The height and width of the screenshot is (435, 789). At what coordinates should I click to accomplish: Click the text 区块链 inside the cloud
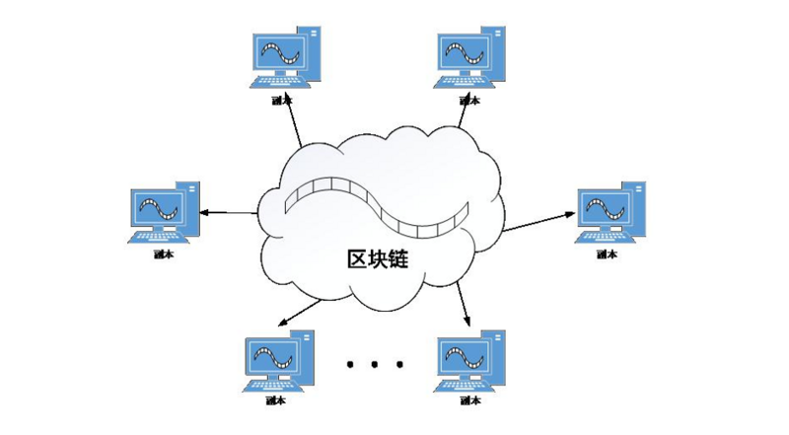[378, 260]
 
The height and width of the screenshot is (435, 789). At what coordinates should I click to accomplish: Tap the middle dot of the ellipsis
[375, 365]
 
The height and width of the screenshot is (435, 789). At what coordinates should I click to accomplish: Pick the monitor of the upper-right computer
[467, 52]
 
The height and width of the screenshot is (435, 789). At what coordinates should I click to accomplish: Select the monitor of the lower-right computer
[467, 356]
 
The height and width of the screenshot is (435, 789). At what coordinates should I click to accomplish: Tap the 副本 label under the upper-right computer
[470, 100]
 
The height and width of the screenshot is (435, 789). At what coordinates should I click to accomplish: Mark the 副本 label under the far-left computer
[163, 254]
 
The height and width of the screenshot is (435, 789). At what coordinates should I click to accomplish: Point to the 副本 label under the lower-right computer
[470, 401]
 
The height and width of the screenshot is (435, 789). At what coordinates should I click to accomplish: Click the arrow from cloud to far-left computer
[229, 212]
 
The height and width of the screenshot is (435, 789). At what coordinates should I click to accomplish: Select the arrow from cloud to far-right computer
[540, 220]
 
